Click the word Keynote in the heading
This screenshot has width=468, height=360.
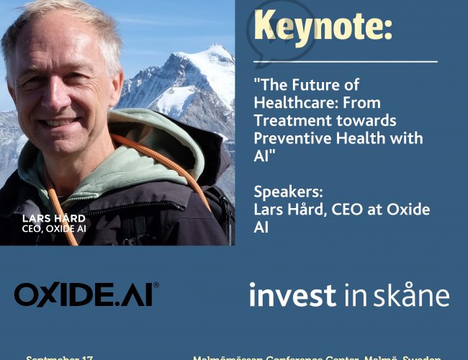(324, 27)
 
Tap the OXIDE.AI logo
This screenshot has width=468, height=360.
(85, 294)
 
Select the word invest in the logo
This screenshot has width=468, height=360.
(292, 295)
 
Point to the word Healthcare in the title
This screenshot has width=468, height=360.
(293, 103)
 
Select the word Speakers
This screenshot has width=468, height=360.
(287, 193)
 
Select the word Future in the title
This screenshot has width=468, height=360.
(324, 86)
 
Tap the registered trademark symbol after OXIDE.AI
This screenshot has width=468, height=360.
(156, 285)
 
